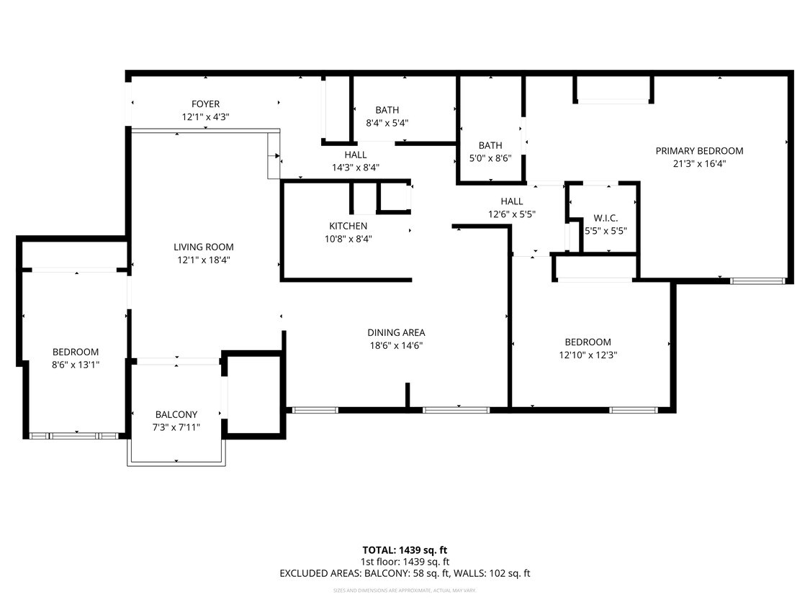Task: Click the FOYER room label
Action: (205, 104)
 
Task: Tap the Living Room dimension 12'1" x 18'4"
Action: (205, 260)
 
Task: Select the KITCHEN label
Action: (348, 226)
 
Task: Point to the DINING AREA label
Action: (396, 332)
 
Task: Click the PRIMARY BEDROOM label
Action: (699, 151)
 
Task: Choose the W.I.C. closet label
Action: (606, 218)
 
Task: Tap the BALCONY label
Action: (176, 414)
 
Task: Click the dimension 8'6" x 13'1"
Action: (76, 365)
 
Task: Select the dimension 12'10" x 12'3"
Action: (588, 355)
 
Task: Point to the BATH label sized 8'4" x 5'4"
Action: (387, 110)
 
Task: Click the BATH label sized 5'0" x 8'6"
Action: (490, 145)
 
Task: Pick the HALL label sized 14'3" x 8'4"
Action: (355, 155)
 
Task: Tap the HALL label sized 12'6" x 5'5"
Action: (512, 201)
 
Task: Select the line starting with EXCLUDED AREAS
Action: (405, 573)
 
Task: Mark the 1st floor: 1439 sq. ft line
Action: (405, 562)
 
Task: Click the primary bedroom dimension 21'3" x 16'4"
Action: (699, 163)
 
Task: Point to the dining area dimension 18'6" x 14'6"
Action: (396, 345)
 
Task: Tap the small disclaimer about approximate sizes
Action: (405, 590)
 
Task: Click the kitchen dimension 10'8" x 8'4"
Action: (348, 239)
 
